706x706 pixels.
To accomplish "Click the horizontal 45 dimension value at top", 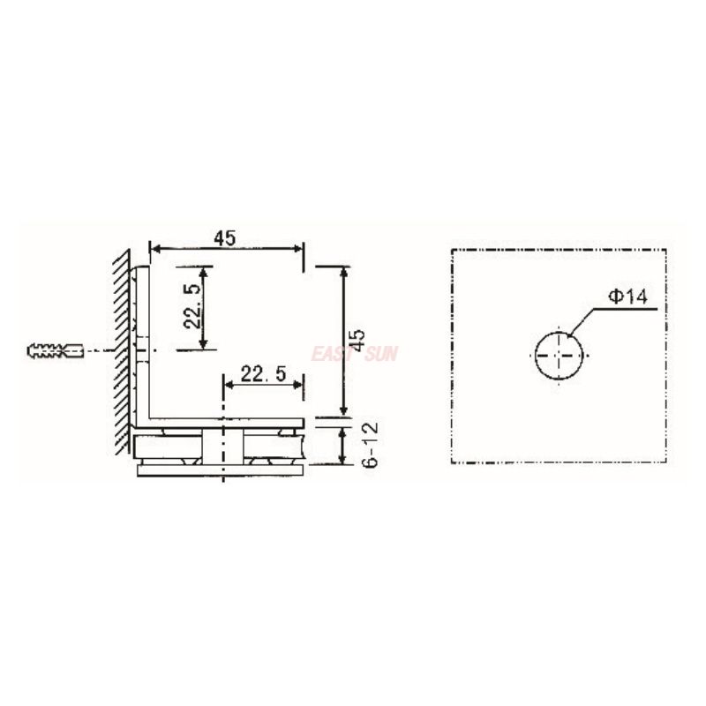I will coord(224,237).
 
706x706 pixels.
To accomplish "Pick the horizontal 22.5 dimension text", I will coord(263,374).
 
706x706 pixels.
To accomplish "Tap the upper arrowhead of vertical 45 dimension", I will coord(343,271).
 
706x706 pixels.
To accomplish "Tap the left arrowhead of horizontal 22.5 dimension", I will coord(227,385).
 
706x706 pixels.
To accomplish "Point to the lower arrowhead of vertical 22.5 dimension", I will coord(205,344).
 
